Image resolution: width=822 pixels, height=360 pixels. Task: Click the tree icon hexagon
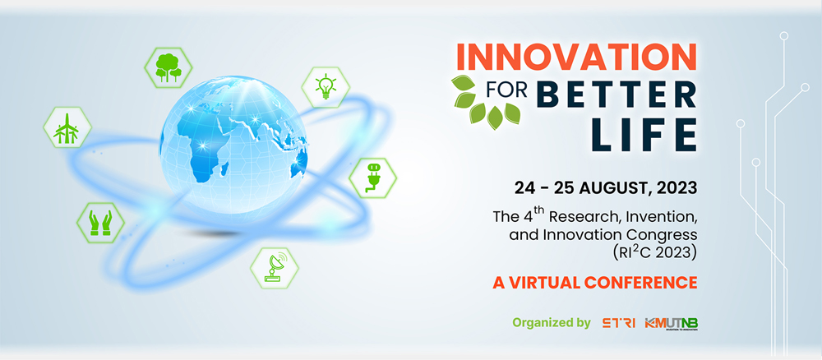pos(169,67)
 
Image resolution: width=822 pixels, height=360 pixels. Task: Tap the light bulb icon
pos(326,87)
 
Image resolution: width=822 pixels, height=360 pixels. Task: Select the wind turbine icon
pos(67,128)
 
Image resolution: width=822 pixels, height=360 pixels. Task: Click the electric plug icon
pos(372,178)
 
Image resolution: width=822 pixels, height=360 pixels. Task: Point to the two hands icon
pos(100,223)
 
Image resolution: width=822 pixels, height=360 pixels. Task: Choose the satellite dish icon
pos(275,268)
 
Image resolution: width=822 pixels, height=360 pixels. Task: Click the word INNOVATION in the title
pos(576,57)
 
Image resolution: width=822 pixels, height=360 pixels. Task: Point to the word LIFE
pos(644,134)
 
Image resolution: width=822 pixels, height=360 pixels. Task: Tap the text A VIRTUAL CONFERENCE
pos(594,283)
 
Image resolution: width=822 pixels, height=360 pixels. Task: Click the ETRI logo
pos(619,323)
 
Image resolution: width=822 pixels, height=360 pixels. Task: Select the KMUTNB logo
pos(671,323)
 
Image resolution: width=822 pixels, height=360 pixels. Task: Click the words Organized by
pos(551,323)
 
